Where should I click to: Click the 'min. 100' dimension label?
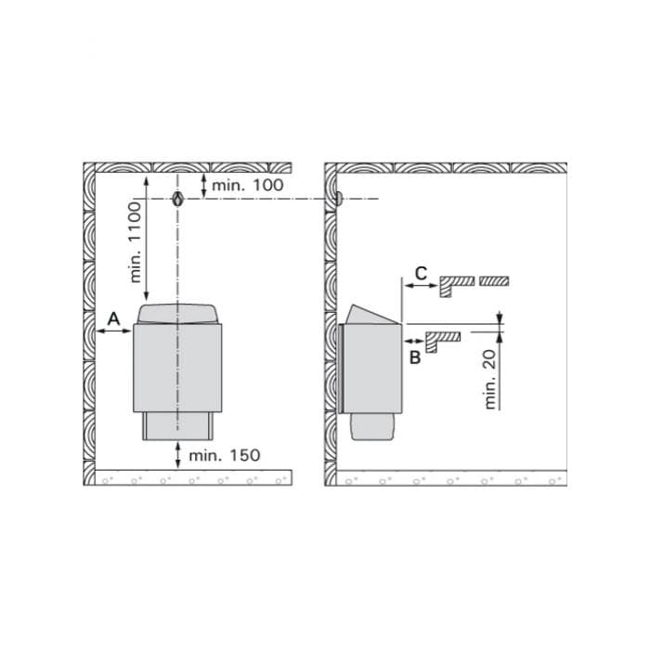click(x=248, y=185)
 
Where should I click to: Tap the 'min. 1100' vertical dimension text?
click(x=136, y=242)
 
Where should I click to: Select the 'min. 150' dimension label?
click(x=225, y=455)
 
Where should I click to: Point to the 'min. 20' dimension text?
click(x=490, y=379)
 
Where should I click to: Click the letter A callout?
click(x=113, y=319)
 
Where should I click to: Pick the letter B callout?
click(x=415, y=357)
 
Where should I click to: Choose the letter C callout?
click(x=421, y=274)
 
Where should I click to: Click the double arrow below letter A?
click(x=114, y=331)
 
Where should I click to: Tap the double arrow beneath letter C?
click(x=421, y=286)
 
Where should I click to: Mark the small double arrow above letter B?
click(x=414, y=341)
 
